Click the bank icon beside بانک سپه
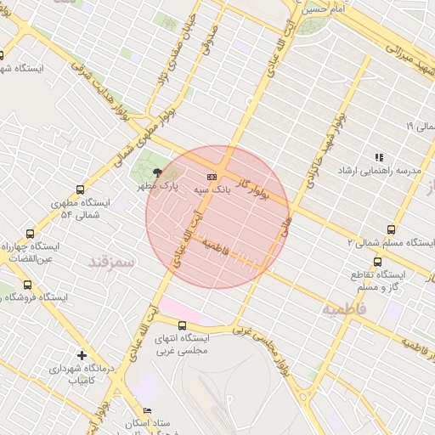212,177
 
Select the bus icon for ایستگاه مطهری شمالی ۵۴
80,190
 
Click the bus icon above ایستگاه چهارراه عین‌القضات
31,233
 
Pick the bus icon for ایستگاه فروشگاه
27,285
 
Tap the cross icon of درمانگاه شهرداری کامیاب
82,355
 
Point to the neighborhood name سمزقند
111,260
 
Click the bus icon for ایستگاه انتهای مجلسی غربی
182,325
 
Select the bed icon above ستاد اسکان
148,410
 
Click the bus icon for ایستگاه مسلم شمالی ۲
391,229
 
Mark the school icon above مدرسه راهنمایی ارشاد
379,157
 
